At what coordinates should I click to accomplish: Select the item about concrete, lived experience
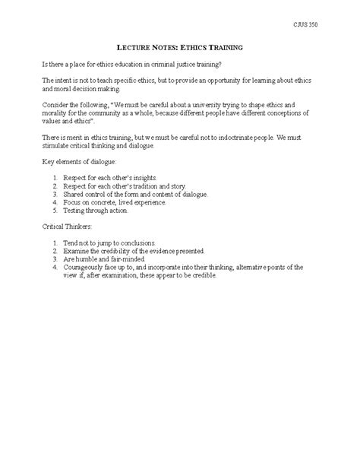[x=122, y=203]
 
